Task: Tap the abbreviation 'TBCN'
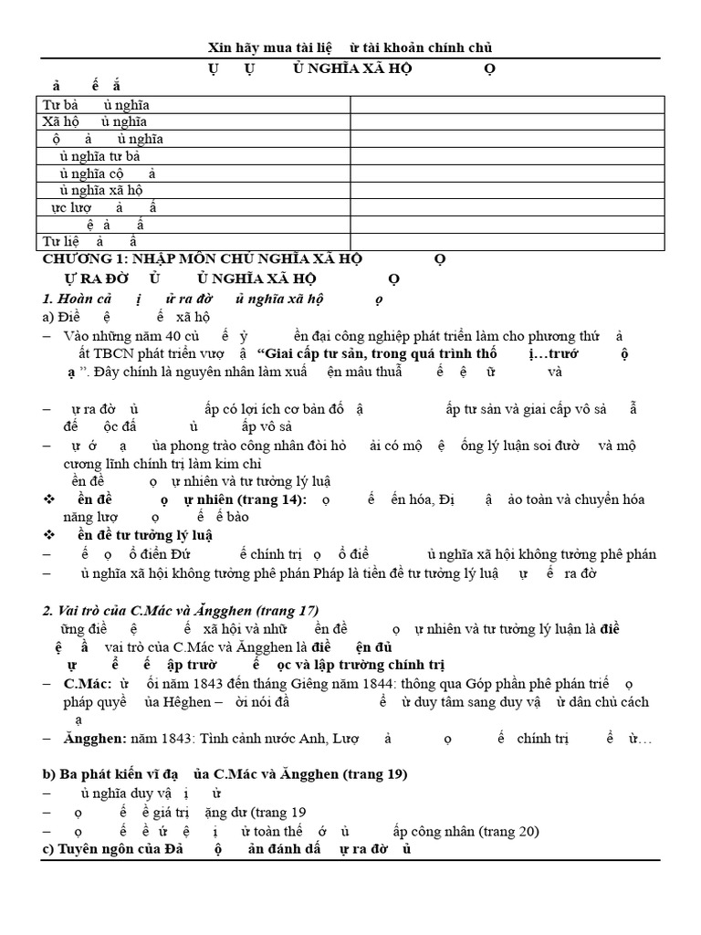[x=113, y=353]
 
